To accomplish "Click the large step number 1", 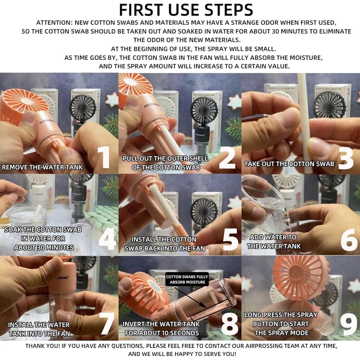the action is (x=104, y=157).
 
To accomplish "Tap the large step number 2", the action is (x=227, y=158).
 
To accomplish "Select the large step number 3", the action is (x=346, y=158).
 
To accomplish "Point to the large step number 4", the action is (x=108, y=239).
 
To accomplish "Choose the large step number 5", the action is (x=230, y=239).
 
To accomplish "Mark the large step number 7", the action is (x=107, y=324).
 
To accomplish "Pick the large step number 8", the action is (x=229, y=324).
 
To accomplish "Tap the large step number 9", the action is (x=348, y=324).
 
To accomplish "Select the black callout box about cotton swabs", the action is (x=187, y=279).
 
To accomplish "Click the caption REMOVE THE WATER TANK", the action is (x=42, y=167).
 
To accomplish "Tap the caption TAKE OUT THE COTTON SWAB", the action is (x=289, y=164).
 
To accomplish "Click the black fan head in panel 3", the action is (x=329, y=104).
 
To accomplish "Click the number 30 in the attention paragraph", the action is (x=275, y=31).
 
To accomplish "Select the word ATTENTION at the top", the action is (x=54, y=23).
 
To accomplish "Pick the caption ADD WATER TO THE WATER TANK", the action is (x=274, y=242).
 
